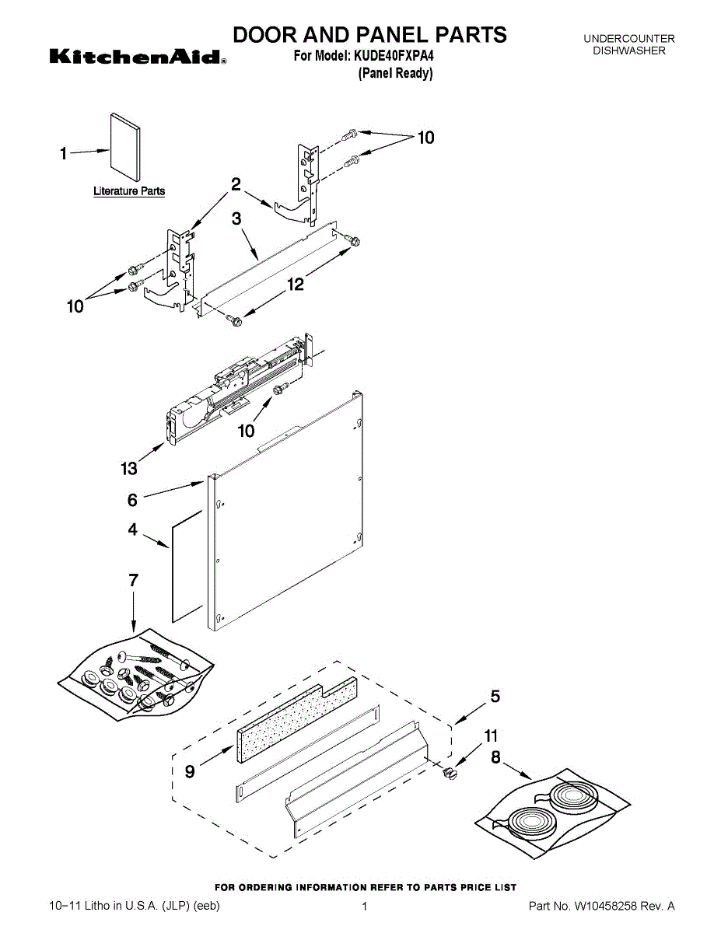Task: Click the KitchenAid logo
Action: (138, 57)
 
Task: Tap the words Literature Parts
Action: (129, 191)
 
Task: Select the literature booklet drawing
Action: (124, 149)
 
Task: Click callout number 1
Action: (64, 154)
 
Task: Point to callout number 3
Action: (236, 220)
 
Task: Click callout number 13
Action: (128, 468)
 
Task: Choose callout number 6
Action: (132, 501)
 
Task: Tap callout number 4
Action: (132, 529)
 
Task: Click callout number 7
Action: (133, 580)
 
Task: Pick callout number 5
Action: (495, 697)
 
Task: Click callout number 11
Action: (491, 736)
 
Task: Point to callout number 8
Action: (495, 756)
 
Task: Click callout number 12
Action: (296, 285)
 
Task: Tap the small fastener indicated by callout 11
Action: (449, 773)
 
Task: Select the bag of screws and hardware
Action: (136, 671)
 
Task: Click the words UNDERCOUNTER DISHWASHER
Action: (628, 44)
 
